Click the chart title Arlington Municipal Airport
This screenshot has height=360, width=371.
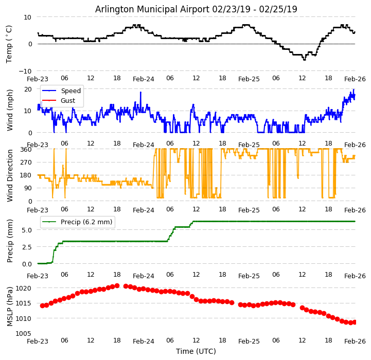(x=196, y=9)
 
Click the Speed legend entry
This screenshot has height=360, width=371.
(x=70, y=91)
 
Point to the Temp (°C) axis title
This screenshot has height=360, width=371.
(x=9, y=44)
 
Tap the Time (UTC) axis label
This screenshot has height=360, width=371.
(x=196, y=351)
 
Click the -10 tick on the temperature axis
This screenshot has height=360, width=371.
(x=25, y=71)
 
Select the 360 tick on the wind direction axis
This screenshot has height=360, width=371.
(x=26, y=149)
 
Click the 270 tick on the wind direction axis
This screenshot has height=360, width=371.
(x=26, y=162)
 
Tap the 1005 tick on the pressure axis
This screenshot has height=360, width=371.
(x=23, y=333)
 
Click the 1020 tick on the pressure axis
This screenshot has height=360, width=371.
(x=23, y=288)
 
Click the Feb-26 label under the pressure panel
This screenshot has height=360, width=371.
(x=355, y=341)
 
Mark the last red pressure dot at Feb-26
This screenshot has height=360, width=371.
(x=355, y=322)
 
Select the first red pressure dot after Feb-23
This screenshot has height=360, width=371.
(x=42, y=305)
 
